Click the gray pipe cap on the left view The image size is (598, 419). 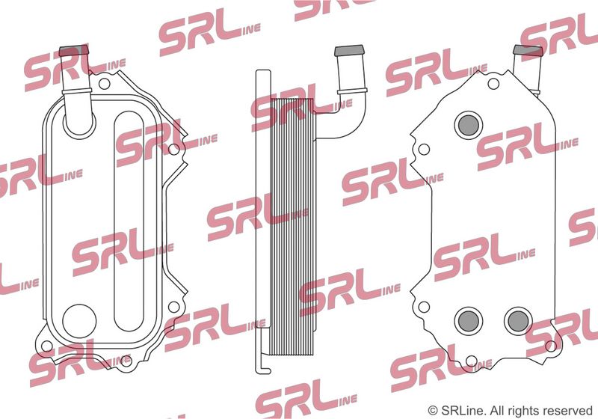click(x=74, y=51)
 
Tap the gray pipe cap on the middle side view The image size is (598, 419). click(x=349, y=51)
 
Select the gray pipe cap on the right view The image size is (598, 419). click(x=528, y=51)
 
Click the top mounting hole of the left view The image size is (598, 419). click(x=104, y=84)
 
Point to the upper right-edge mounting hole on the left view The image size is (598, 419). click(x=173, y=149)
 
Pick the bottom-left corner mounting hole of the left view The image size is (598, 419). click(x=47, y=346)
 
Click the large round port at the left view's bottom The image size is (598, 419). click(x=79, y=321)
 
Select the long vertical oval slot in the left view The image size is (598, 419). click(x=129, y=221)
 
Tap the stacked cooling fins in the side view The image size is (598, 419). click(x=292, y=221)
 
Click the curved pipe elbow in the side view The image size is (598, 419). click(x=345, y=114)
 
